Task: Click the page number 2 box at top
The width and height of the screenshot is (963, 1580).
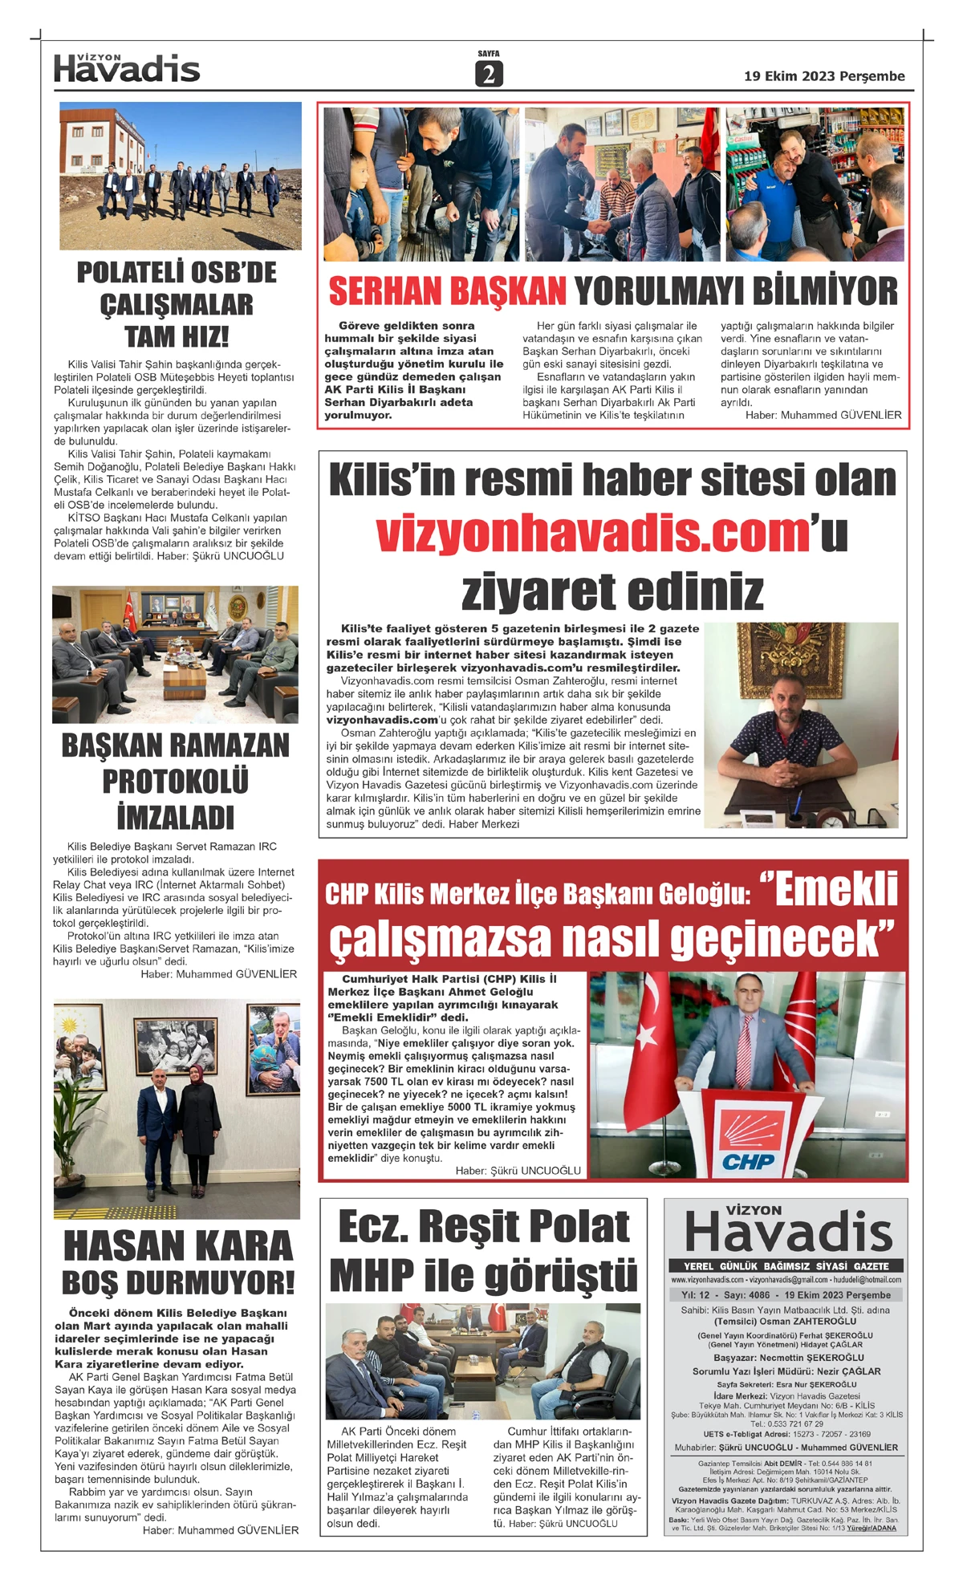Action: (x=488, y=73)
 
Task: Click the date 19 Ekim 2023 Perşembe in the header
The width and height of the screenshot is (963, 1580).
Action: (x=824, y=76)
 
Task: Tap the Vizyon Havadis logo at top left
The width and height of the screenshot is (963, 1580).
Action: (x=127, y=69)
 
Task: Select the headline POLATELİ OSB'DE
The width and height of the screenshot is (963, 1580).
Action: (x=177, y=273)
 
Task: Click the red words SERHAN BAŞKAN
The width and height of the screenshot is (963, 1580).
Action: (x=448, y=291)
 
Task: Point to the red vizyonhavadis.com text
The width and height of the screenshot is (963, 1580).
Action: (x=592, y=534)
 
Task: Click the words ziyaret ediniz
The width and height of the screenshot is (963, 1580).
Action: (x=612, y=591)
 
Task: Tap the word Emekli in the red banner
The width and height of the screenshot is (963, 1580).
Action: (x=837, y=888)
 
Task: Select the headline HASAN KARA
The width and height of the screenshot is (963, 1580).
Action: (x=178, y=1246)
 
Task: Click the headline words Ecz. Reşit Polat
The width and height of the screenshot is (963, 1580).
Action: (x=483, y=1227)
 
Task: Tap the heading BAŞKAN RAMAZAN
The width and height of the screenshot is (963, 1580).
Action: (x=176, y=745)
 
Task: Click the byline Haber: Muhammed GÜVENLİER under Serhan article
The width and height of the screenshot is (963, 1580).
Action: (x=823, y=415)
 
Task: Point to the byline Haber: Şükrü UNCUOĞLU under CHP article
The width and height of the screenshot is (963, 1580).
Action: (x=518, y=1171)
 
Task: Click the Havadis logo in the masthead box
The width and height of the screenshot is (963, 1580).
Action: (x=788, y=1232)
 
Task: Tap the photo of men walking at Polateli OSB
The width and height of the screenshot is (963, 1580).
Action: (x=181, y=176)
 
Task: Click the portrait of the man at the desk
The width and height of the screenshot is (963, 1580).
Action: (x=801, y=725)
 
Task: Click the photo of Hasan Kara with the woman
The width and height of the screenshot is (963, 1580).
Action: (x=177, y=1109)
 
